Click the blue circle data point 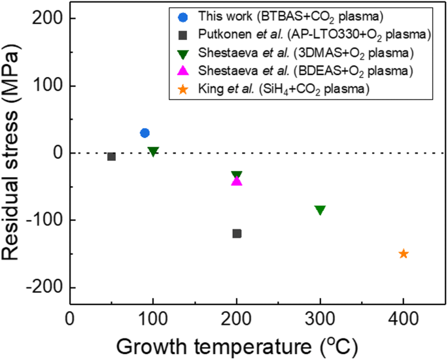[x=145, y=133]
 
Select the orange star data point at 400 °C [x=404, y=254]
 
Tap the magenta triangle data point [x=237, y=180]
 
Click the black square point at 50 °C [x=111, y=156]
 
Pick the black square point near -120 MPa [x=237, y=233]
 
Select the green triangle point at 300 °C [x=320, y=210]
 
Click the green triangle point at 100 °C [x=153, y=152]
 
